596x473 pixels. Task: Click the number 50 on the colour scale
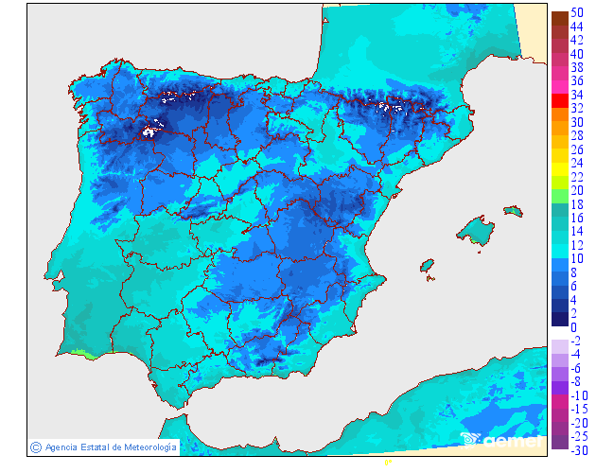point(576,11)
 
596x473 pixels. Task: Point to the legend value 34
point(576,95)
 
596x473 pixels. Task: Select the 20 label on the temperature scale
point(576,190)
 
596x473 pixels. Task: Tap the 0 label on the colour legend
point(573,327)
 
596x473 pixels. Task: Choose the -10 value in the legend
point(579,395)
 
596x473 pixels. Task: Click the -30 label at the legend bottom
point(579,449)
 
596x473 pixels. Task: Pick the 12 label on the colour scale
point(576,245)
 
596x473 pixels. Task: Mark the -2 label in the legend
point(576,341)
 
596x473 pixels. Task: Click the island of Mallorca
point(476,230)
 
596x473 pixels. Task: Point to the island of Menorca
point(513,209)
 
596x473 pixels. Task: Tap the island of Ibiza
point(428,266)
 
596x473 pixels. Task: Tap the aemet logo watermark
point(501,440)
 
